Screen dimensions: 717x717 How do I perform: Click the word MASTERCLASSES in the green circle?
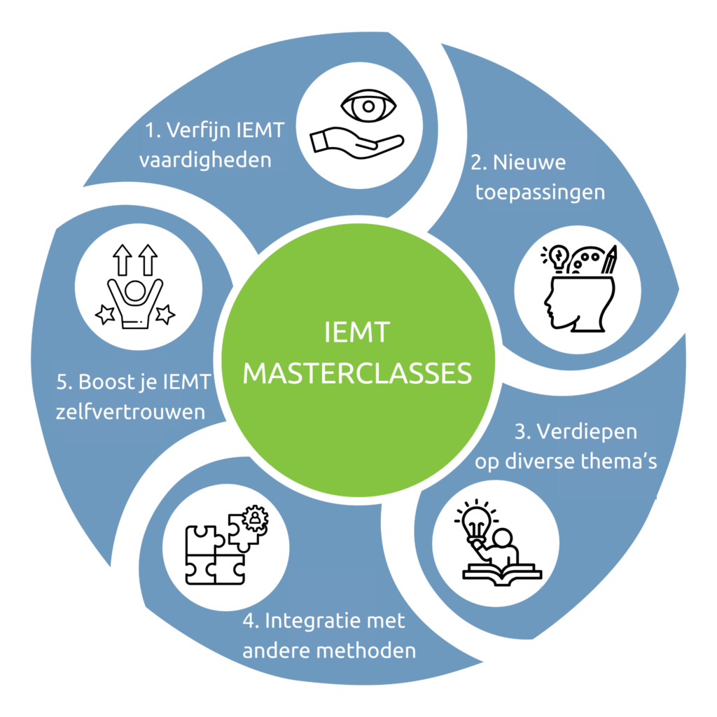pos(357,373)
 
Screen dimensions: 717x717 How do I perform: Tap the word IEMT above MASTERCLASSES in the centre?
pos(357,333)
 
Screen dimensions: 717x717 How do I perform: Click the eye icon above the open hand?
pos(368,108)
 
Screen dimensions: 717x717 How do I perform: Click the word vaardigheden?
pos(205,160)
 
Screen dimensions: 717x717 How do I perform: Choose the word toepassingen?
pos(540,193)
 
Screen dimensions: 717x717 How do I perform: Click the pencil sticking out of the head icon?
pos(610,260)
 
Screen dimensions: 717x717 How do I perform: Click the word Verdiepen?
pos(576,431)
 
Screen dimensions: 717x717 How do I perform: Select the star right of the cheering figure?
pos(165,315)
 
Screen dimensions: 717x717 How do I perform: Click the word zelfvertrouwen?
pos(130,412)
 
